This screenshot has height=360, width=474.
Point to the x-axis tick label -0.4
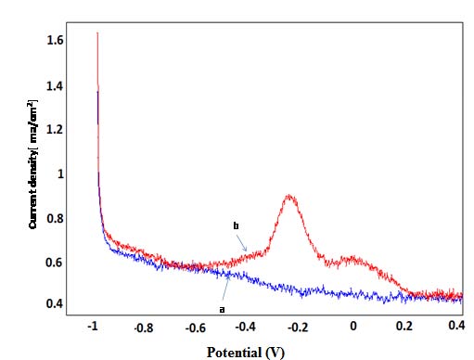click(x=246, y=328)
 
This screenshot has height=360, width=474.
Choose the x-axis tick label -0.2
click(x=298, y=328)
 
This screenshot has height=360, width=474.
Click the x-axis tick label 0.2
click(x=404, y=328)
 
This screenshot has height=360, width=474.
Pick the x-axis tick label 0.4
click(x=455, y=328)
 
